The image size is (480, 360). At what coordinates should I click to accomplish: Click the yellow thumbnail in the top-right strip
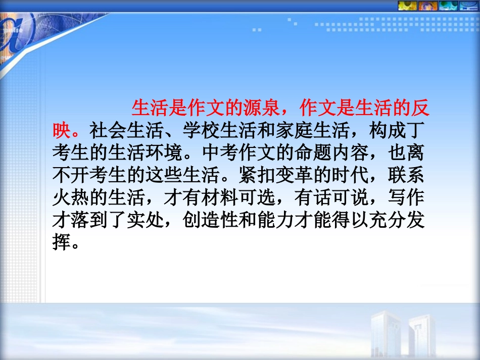click(x=404, y=6)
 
